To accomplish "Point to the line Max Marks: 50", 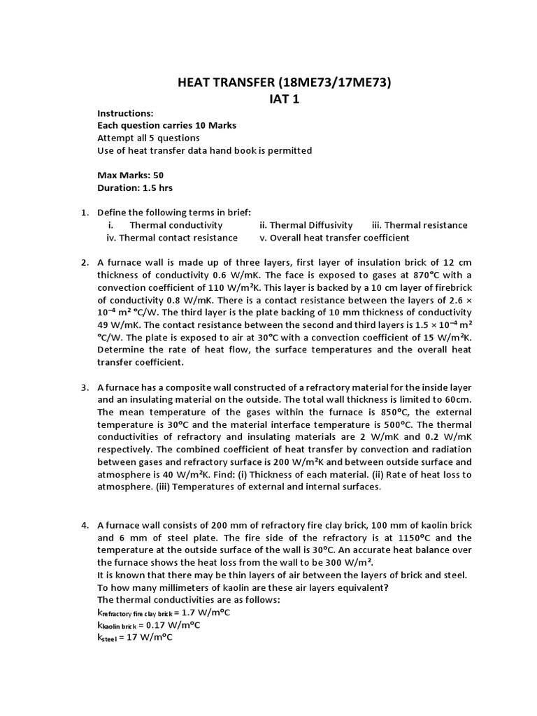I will pos(130,176).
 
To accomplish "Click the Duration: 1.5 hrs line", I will pos(134,188).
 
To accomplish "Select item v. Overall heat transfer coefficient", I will pos(334,238).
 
